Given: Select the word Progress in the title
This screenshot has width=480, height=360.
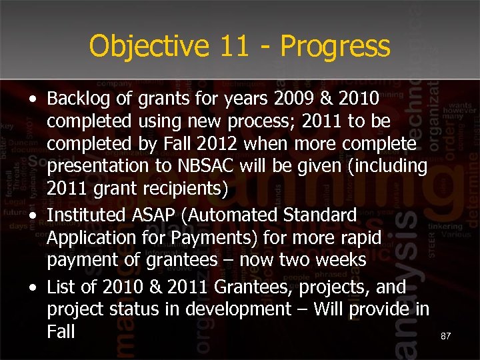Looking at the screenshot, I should pyautogui.click(x=335, y=47).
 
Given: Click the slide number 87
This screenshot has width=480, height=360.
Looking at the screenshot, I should pyautogui.click(x=446, y=337).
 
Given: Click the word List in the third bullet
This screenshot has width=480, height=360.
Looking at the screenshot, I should pyautogui.click(x=61, y=287).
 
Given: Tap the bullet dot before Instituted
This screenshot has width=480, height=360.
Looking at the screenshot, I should pyautogui.click(x=33, y=216).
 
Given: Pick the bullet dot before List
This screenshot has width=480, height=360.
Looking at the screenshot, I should pyautogui.click(x=33, y=288).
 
